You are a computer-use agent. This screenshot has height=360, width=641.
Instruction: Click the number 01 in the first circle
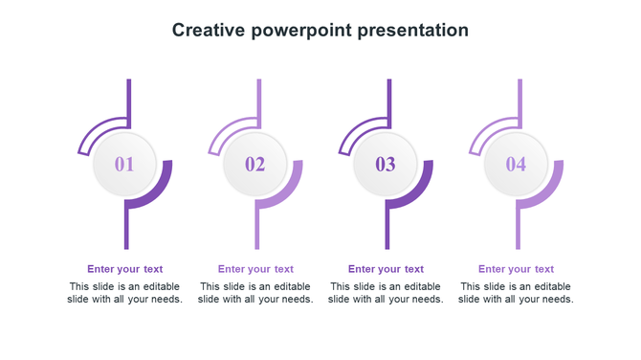pyautogui.click(x=124, y=165)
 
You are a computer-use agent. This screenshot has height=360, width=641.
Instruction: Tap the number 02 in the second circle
pyautogui.click(x=254, y=165)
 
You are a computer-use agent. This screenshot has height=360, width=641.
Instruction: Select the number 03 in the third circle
pyautogui.click(x=385, y=165)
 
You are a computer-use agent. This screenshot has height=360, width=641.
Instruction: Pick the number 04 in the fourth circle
pyautogui.click(x=516, y=165)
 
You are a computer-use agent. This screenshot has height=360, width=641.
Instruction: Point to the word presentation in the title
pyautogui.click(x=412, y=31)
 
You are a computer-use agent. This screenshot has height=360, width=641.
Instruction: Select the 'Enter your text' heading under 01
pyautogui.click(x=125, y=269)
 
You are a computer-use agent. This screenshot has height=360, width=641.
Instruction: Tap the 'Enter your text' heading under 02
pyautogui.click(x=255, y=269)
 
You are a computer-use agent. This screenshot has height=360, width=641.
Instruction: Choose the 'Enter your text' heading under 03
pyautogui.click(x=386, y=269)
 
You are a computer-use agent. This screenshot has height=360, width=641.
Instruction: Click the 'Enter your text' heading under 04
pyautogui.click(x=517, y=269)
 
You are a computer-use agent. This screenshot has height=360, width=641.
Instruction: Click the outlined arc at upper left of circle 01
pyautogui.click(x=96, y=131)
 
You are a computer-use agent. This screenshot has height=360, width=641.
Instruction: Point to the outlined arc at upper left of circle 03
pyautogui.click(x=357, y=131)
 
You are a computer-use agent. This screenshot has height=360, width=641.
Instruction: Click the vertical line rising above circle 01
pyautogui.click(x=128, y=96)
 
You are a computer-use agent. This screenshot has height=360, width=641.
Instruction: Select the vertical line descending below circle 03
pyautogui.click(x=387, y=230)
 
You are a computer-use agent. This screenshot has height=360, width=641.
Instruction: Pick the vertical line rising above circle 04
pyautogui.click(x=519, y=96)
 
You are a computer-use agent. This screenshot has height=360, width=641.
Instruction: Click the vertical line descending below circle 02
pyautogui.click(x=257, y=230)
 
